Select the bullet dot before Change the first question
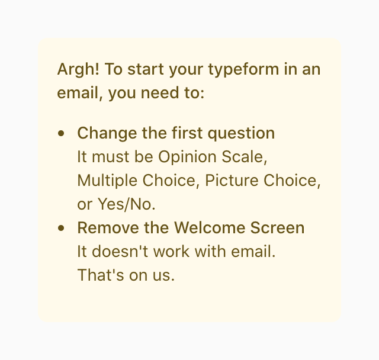click(x=61, y=133)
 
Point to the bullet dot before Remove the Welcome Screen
click(x=61, y=228)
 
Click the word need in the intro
click(x=165, y=93)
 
